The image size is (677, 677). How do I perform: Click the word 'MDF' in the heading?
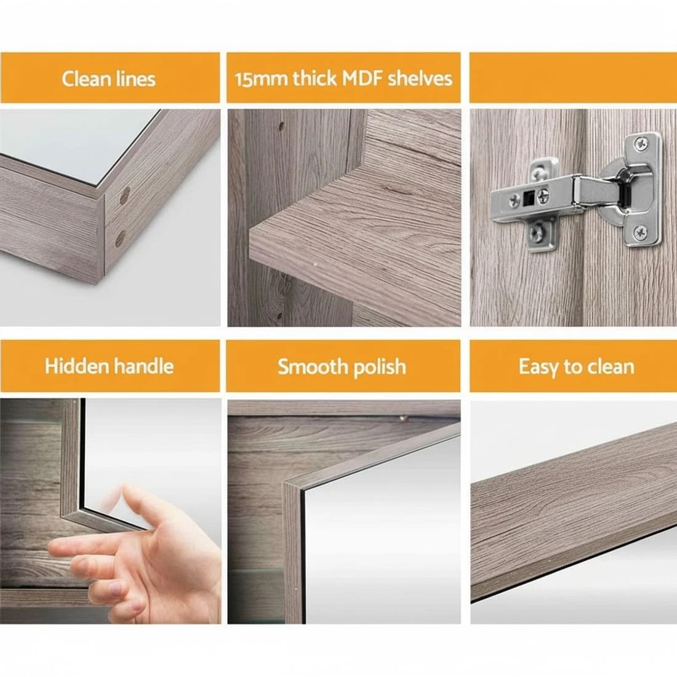[362, 78]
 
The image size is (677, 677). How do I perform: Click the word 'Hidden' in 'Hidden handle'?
[76, 366]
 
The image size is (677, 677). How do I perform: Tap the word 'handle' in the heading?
[143, 366]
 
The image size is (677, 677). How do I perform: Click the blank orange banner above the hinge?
[572, 78]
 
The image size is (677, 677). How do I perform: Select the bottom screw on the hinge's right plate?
[641, 232]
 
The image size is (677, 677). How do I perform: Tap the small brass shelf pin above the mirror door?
[403, 418]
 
